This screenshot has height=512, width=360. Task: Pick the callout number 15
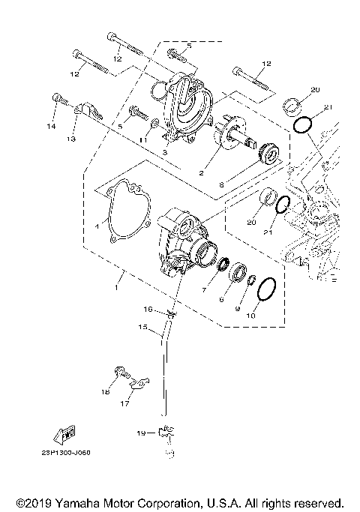point(140,327)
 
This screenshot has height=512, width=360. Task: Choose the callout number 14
point(52,127)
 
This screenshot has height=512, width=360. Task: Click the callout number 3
point(164,151)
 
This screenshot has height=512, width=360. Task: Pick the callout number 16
point(148,309)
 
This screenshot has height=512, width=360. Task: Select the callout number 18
point(106,392)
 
